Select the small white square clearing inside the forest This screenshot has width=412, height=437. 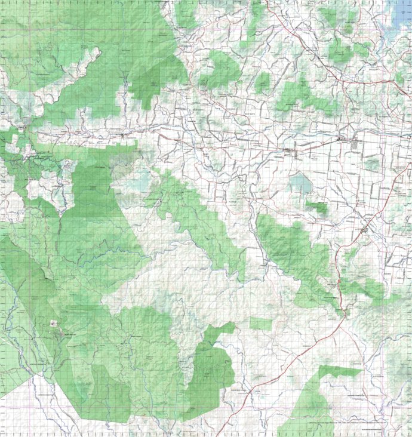click(53, 323)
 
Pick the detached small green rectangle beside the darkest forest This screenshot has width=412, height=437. click(260, 324)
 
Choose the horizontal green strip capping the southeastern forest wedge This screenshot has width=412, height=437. click(340, 371)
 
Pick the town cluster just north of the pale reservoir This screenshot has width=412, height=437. click(289, 150)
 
